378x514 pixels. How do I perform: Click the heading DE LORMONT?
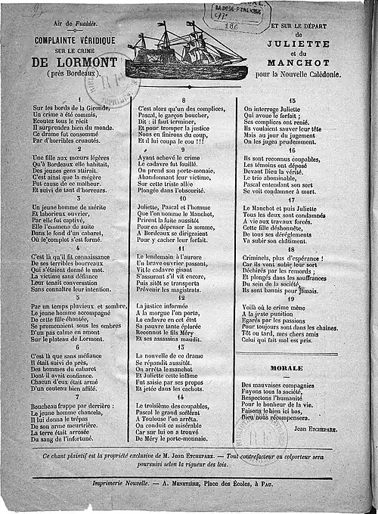74,61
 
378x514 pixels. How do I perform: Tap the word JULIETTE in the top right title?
299,45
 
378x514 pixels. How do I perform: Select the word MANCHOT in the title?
299,65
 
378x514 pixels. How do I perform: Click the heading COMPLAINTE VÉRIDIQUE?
75,39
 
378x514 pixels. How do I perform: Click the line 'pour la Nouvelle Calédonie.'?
299,76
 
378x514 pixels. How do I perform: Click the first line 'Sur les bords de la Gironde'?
73,108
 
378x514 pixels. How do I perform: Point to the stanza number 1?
79,100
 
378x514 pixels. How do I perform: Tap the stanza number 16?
290,149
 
